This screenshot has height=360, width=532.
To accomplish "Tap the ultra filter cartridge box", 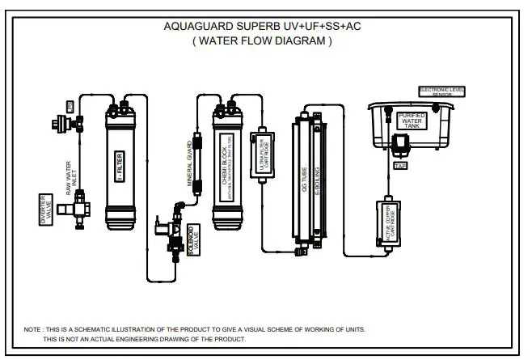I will tap(261, 153).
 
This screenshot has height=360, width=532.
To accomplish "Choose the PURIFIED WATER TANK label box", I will tap(411, 121).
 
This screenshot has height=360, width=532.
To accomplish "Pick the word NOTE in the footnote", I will tap(33, 329).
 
